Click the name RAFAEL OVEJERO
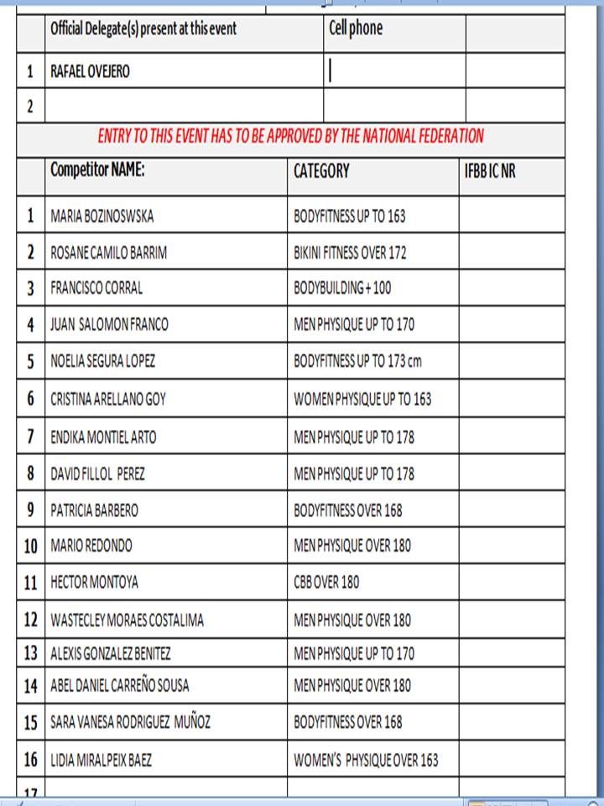pyautogui.click(x=91, y=72)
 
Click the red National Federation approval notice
pyautogui.click(x=290, y=135)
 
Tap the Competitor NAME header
pyautogui.click(x=97, y=170)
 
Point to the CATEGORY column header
pyautogui.click(x=321, y=171)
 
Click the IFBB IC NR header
pyautogui.click(x=490, y=171)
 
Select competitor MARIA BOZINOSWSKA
pyautogui.click(x=102, y=216)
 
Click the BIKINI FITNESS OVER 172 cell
pyautogui.click(x=350, y=253)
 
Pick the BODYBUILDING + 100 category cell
pyautogui.click(x=342, y=288)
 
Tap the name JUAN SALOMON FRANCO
pyautogui.click(x=109, y=325)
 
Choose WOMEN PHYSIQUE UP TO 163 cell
pyautogui.click(x=362, y=399)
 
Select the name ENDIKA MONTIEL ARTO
pyautogui.click(x=103, y=437)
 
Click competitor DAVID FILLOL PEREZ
pyautogui.click(x=98, y=474)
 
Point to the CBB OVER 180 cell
pyautogui.click(x=326, y=582)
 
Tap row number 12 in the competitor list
pyautogui.click(x=31, y=620)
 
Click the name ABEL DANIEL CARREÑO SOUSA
pyautogui.click(x=127, y=685)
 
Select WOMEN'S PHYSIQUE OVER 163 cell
pyautogui.click(x=366, y=761)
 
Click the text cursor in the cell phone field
pyautogui.click(x=330, y=71)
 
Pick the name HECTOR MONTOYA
pyautogui.click(x=94, y=582)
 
